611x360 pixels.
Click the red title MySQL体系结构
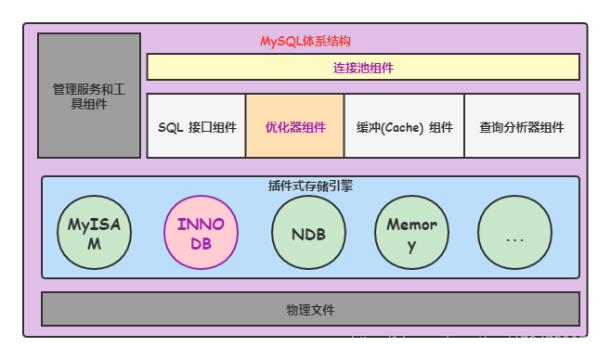pos(305,42)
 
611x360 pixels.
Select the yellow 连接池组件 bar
pos(363,67)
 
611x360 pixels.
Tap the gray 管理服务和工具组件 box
pos(89,96)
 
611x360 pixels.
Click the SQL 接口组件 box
pos(196,126)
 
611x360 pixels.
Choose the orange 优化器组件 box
pos(294,126)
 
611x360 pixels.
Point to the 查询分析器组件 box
pos(521,126)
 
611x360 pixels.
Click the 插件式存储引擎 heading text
pos(309,186)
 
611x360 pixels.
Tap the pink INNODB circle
pos(201,233)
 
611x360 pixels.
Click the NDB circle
pos(308,233)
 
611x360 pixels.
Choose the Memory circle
pos(411,233)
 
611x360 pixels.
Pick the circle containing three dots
pos(515,233)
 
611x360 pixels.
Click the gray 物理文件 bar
pos(310,309)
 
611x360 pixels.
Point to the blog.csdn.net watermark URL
pos(476,342)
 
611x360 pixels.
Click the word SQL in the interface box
pos(170,127)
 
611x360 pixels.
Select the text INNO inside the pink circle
pos(201,225)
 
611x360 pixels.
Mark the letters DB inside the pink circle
pos(201,244)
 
